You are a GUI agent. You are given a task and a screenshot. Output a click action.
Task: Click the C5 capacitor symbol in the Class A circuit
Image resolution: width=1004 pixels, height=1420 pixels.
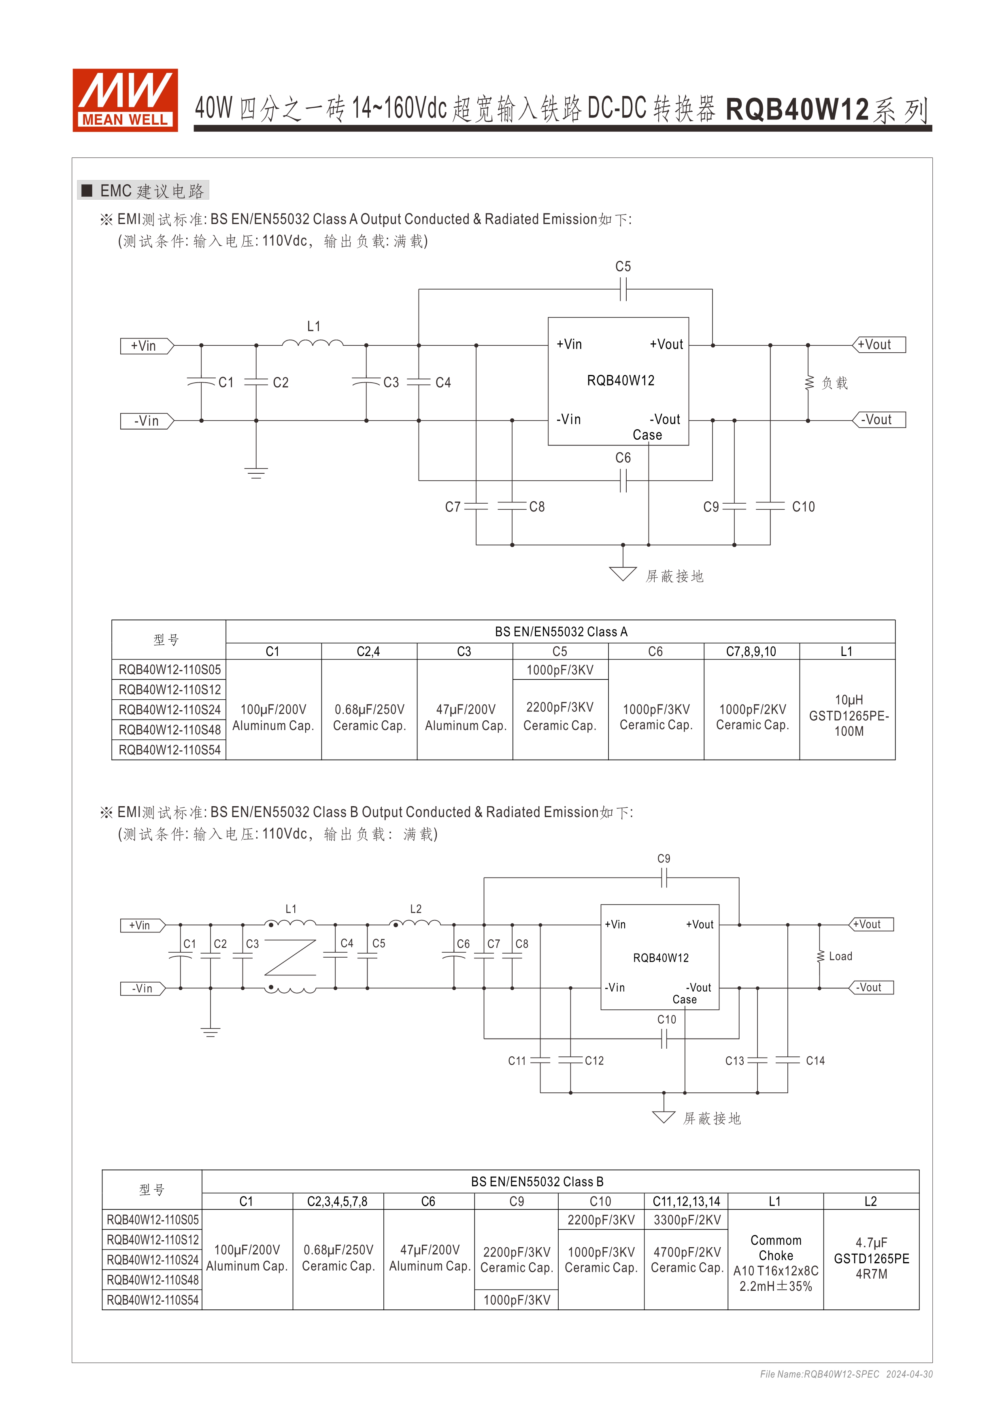click(623, 289)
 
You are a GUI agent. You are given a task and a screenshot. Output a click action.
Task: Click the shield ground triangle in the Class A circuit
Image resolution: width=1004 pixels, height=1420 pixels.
click(623, 574)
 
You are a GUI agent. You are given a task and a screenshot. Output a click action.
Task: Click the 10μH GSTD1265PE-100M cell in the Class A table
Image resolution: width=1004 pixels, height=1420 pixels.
click(848, 715)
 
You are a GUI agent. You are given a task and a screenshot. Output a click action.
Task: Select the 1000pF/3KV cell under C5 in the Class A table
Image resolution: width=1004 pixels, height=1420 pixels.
click(560, 670)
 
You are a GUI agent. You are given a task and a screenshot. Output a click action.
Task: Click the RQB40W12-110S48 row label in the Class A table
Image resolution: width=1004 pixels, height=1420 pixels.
click(169, 730)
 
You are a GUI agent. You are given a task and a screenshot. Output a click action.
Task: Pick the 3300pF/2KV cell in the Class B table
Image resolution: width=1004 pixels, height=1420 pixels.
click(687, 1220)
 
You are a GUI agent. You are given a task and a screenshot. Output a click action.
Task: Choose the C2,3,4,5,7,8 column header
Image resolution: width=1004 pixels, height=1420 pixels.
click(338, 1201)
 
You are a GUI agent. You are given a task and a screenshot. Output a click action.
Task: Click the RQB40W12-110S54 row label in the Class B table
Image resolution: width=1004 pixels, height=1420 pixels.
click(153, 1300)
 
